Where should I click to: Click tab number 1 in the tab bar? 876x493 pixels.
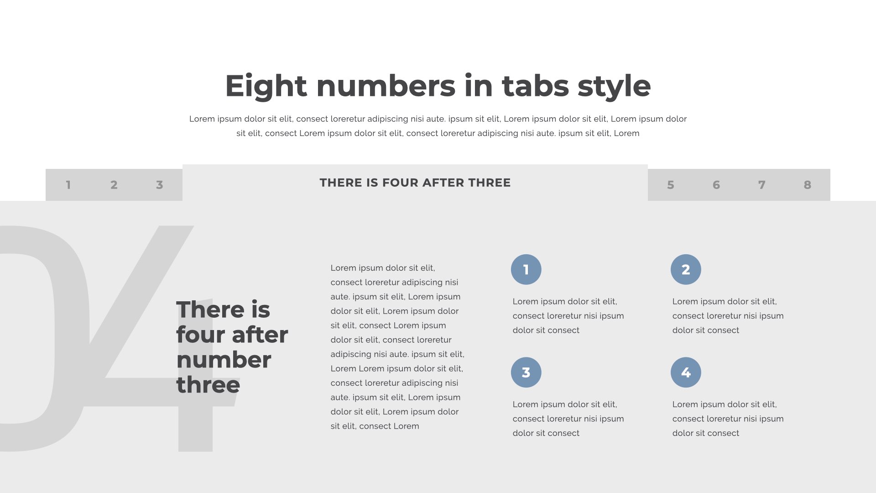(68, 185)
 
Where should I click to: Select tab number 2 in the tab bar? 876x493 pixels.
(114, 185)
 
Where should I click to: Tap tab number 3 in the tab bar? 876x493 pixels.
(160, 185)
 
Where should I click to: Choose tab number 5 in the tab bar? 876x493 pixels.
(671, 185)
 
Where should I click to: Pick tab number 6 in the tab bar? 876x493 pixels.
(716, 185)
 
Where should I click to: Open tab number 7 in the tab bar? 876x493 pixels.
(762, 185)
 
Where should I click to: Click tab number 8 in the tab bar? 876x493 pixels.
(808, 185)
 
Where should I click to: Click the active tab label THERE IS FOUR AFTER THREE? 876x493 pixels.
(415, 183)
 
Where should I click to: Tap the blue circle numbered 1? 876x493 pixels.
(526, 269)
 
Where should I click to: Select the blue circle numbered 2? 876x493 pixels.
(686, 269)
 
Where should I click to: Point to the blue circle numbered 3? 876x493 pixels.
(526, 372)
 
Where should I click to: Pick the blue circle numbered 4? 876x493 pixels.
(686, 372)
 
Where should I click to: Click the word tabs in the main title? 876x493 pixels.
(535, 86)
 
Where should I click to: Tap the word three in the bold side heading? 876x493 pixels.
(208, 385)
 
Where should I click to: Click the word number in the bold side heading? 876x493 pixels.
(224, 360)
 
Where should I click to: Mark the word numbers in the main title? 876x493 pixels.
(386, 86)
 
